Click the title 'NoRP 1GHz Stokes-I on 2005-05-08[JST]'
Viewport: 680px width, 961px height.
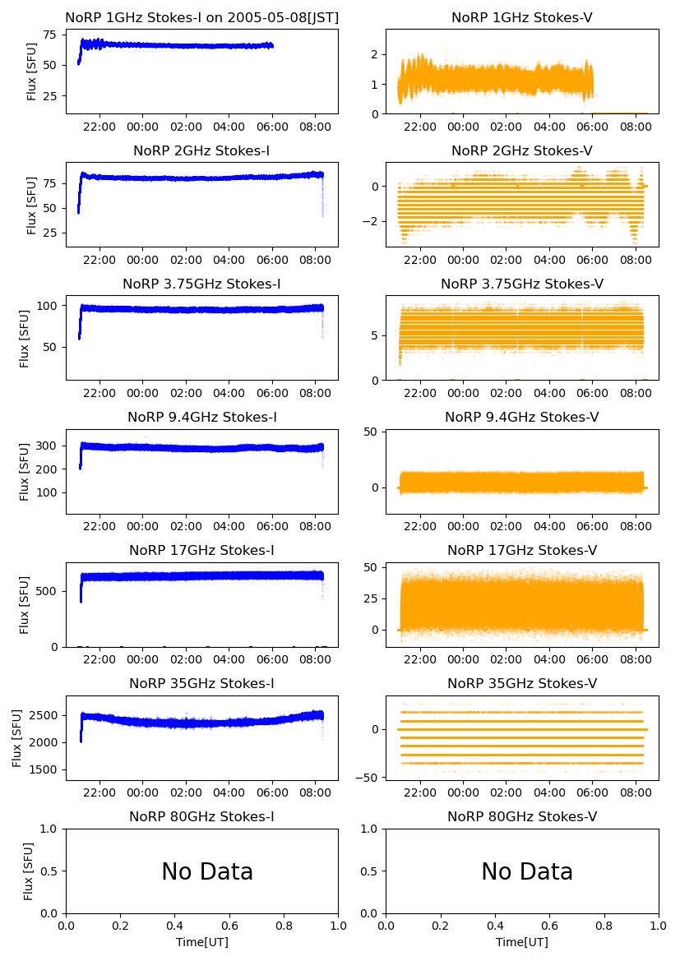[x=201, y=18]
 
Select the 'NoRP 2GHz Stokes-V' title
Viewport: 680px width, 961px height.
[x=521, y=151]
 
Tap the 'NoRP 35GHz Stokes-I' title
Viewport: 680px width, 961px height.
[x=201, y=684]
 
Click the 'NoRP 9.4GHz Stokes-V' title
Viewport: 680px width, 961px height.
[x=521, y=418]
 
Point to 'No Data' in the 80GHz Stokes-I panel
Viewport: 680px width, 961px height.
[x=207, y=872]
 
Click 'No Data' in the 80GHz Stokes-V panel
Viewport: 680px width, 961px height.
[x=526, y=872]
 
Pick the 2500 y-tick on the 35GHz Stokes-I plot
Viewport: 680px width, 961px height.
[x=44, y=715]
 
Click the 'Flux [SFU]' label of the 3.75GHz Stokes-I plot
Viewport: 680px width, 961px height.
[x=25, y=337]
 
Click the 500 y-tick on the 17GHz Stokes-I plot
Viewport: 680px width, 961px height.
[x=48, y=591]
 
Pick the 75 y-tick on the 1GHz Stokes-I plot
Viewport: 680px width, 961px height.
[x=50, y=35]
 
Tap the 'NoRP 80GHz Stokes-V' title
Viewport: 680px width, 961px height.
[x=521, y=817]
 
